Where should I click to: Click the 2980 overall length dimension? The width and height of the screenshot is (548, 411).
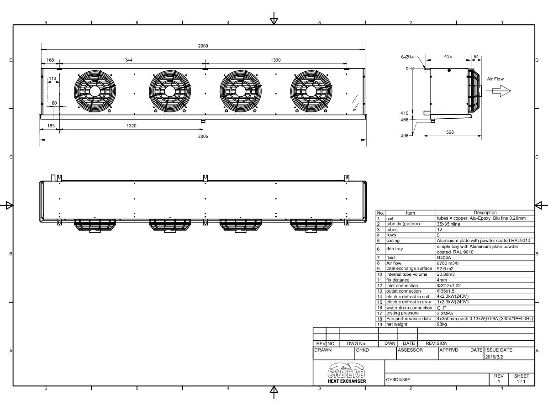[x=203, y=46]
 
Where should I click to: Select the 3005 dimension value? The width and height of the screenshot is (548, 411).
[x=203, y=136]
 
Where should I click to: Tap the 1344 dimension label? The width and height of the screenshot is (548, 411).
[x=128, y=60]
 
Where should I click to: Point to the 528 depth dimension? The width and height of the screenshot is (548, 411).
[x=449, y=132]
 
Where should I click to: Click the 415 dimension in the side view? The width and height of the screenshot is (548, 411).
[x=448, y=56]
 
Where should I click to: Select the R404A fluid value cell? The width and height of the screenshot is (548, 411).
[x=444, y=258]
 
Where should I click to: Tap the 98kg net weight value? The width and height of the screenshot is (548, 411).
[x=442, y=324]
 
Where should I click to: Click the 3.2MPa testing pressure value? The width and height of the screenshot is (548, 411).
[x=445, y=313]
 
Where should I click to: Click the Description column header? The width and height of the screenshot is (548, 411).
[x=485, y=212]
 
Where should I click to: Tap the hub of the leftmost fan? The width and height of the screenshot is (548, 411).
[x=95, y=91]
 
